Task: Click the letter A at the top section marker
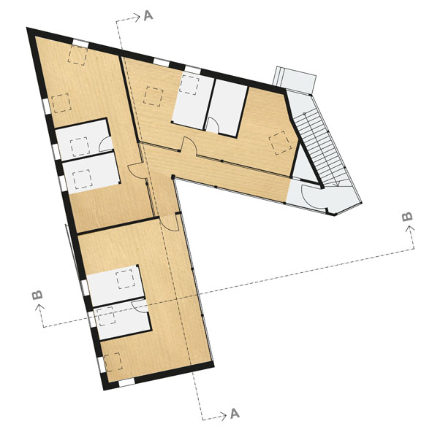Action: click(148, 15)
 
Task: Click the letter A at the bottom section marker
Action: click(235, 414)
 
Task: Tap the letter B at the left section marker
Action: click(37, 295)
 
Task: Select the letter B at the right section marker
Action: click(407, 217)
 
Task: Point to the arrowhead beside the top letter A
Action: click(137, 18)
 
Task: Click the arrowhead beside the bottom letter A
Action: click(223, 416)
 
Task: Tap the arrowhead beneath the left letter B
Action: click(39, 307)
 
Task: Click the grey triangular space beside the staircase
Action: click(303, 166)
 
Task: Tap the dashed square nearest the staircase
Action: click(281, 143)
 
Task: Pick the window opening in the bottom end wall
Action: click(126, 382)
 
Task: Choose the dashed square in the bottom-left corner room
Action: click(113, 362)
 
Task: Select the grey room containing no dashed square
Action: click(227, 108)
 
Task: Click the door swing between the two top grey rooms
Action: click(213, 125)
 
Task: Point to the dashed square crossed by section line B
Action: click(105, 316)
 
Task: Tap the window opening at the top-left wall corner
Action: click(80, 43)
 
